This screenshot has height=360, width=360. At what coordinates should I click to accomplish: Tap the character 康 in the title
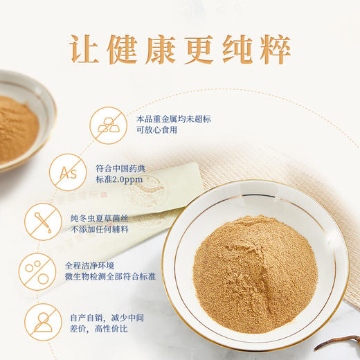179,46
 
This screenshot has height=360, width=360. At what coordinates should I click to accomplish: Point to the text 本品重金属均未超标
172,119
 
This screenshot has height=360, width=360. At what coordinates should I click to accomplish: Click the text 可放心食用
156,132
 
